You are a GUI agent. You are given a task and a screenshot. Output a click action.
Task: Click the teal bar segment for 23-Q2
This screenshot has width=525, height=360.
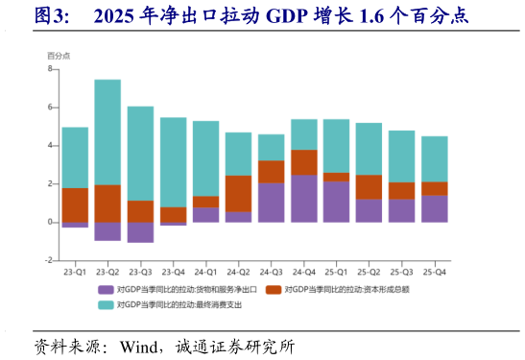107,132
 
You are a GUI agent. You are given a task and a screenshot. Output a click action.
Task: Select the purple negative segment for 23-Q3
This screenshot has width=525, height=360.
140,231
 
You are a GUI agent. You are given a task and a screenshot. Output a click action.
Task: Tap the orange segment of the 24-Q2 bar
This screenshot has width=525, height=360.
239,194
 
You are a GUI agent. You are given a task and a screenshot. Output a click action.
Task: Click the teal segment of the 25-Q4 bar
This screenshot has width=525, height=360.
435,158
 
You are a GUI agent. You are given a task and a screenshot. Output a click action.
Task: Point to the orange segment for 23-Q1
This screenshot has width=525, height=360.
75,204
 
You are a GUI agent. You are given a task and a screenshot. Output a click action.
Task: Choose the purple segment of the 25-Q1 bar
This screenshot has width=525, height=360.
337,202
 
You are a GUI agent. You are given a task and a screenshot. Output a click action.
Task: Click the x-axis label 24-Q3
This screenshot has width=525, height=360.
272,272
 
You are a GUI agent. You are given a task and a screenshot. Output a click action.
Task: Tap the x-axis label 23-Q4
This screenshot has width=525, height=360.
173,272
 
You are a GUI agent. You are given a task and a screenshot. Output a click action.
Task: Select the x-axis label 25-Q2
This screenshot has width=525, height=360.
369,272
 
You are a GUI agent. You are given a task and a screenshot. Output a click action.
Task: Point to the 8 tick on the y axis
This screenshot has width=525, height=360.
50,69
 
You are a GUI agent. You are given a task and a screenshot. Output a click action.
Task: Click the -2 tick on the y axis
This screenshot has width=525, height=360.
49,260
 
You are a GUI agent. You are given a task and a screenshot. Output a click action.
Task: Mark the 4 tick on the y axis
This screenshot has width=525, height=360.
50,146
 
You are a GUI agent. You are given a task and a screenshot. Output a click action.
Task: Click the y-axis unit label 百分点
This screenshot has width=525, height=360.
59,57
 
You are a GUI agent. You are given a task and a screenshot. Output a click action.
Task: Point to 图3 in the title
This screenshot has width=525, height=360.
50,15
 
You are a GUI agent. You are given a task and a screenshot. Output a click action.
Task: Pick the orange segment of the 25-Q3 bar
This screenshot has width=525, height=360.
402,190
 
